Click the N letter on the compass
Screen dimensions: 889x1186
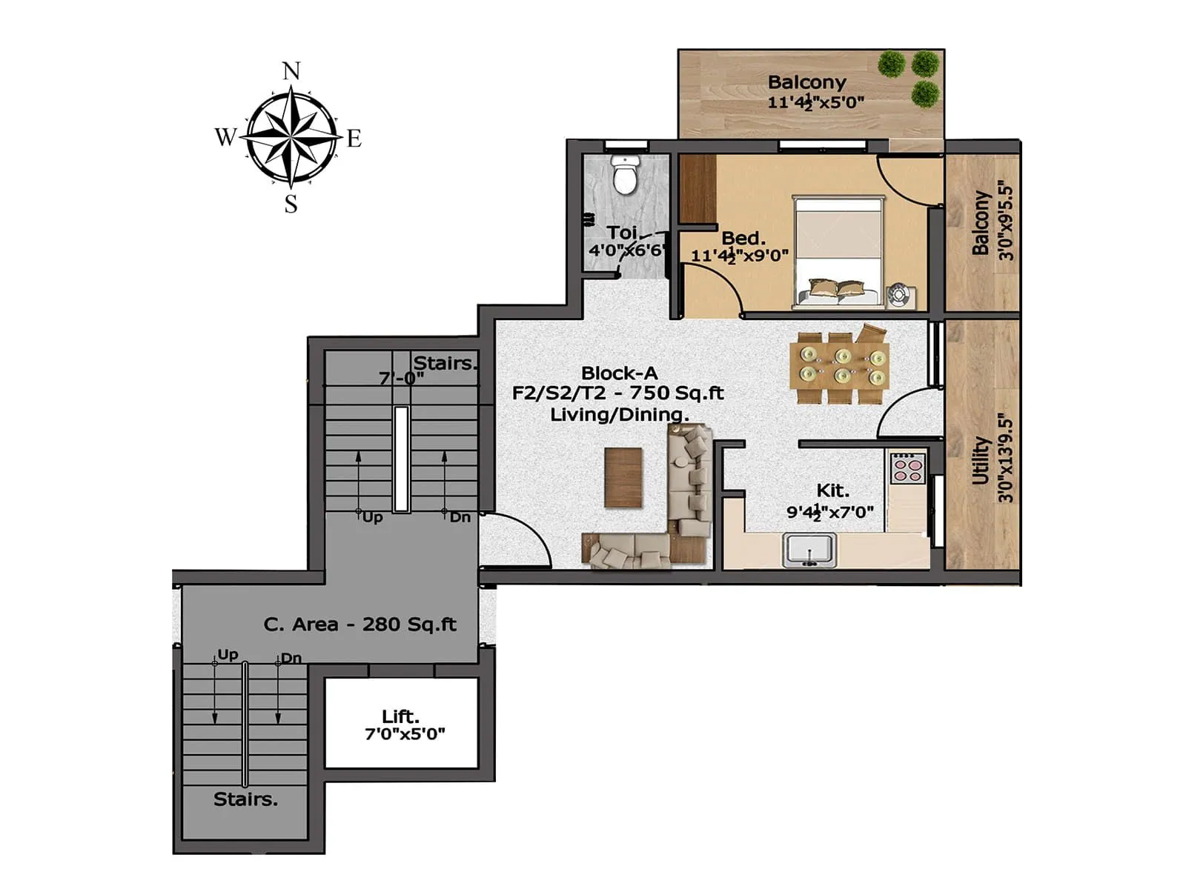click(x=291, y=71)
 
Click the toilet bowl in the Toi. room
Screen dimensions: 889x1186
click(x=625, y=176)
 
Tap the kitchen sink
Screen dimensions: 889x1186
click(x=809, y=550)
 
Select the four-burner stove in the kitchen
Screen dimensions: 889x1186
click(x=907, y=467)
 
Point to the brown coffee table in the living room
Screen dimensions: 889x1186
click(x=623, y=478)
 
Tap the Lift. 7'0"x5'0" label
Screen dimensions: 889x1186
click(x=403, y=725)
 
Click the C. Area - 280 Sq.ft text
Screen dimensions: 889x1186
click(x=360, y=625)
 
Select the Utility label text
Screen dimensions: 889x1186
click(x=981, y=460)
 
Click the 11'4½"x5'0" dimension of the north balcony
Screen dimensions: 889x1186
click(x=815, y=102)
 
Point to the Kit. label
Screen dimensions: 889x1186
click(x=832, y=490)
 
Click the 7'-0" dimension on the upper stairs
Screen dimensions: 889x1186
click(x=401, y=378)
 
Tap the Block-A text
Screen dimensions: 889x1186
click(x=619, y=373)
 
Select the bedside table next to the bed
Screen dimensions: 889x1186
click(x=901, y=296)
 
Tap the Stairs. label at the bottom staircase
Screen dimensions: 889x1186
click(x=245, y=799)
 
